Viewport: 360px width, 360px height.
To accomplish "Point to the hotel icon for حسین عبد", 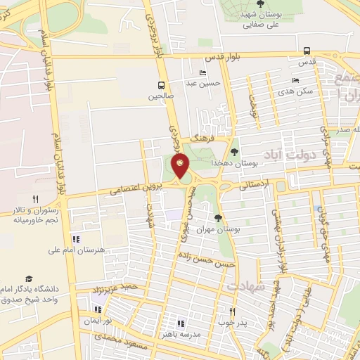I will click(203, 72).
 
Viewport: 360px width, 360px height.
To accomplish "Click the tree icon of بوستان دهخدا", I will click(234, 151).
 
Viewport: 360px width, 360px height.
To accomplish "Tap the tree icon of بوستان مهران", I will click(218, 217).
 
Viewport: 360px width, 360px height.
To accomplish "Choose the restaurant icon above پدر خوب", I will click(233, 311).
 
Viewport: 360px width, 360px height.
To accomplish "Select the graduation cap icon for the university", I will click(29, 279).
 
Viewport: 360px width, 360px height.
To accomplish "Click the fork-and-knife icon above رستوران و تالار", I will click(35, 199).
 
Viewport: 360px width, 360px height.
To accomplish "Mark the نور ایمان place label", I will click(98, 320).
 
